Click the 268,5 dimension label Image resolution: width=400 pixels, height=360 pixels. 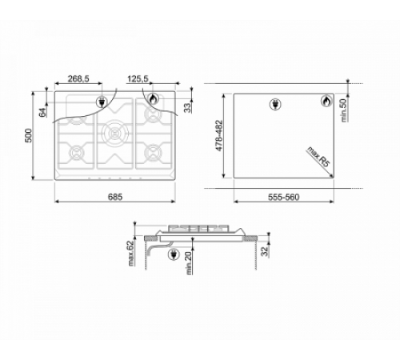78,79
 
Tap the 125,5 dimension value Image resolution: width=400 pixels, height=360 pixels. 138,79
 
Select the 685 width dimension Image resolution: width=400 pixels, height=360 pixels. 115,197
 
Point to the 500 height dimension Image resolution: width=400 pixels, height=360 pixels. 28,135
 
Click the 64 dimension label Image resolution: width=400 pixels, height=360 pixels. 42,111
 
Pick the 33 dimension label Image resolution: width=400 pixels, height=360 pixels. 188,108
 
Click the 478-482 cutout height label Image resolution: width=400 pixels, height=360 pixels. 219,135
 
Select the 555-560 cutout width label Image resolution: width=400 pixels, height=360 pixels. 283,197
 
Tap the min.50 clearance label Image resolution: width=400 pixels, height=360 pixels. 344,110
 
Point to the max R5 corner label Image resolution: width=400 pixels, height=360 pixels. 318,157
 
